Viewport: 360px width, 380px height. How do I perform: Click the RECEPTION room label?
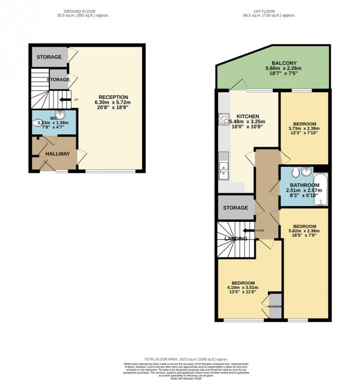click(x=113, y=97)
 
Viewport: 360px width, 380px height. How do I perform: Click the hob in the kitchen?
click(x=224, y=119)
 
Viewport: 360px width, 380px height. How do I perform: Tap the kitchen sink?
click(x=223, y=169)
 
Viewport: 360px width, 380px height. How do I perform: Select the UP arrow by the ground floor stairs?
click(x=65, y=99)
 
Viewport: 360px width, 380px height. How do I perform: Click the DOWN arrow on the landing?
click(x=249, y=231)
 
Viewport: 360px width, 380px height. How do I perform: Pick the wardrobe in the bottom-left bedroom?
click(x=275, y=306)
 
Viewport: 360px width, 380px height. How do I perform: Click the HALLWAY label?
click(x=58, y=153)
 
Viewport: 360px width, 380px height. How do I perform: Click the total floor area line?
click(x=179, y=358)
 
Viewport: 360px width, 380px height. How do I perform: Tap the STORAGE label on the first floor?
click(x=236, y=208)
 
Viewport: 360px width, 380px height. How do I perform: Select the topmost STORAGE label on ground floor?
click(x=49, y=57)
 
